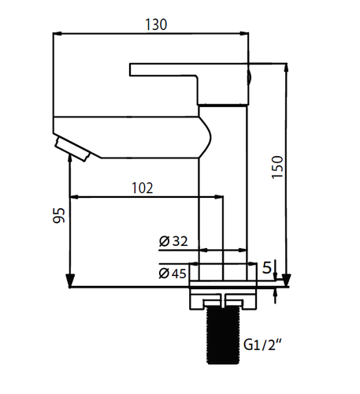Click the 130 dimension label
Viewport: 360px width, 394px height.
[156, 24]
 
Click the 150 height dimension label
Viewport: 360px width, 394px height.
[277, 167]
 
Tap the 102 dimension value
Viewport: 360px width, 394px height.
[142, 188]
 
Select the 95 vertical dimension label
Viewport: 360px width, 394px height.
[58, 215]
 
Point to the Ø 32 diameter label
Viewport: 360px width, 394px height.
[173, 241]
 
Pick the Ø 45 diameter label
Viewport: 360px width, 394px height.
[173, 273]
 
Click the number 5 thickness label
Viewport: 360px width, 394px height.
[266, 268]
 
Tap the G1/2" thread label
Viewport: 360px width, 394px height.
[263, 344]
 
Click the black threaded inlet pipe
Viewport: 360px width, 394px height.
[223, 336]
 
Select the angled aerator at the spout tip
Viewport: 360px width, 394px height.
[72, 149]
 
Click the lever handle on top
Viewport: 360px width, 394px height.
[189, 84]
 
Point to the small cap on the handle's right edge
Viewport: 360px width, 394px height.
[251, 78]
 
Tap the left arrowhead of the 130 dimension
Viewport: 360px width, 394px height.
[58, 34]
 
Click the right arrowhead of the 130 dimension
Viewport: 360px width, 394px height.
[244, 34]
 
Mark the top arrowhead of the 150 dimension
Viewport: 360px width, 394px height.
[287, 69]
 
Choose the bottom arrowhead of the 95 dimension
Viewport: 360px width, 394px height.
[70, 281]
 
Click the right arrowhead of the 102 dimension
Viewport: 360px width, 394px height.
[219, 197]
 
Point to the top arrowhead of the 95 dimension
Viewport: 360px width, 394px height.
[70, 158]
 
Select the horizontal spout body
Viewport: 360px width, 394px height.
[132, 137]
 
